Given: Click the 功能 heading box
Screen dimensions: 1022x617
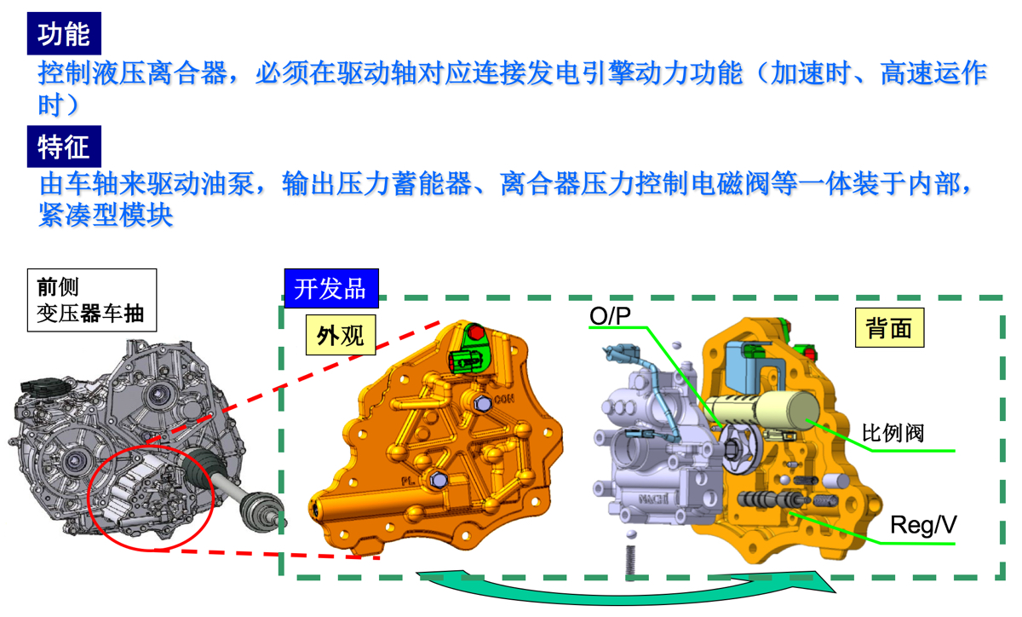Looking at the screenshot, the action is click(x=64, y=33).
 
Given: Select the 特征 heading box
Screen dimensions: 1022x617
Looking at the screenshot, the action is click(x=64, y=146).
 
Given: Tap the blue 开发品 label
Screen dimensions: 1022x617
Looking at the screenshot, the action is click(x=331, y=288).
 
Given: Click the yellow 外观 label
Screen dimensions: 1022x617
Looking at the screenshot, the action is click(x=341, y=335).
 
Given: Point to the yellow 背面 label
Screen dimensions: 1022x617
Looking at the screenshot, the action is click(x=889, y=327).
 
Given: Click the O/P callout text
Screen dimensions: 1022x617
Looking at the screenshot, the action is click(x=610, y=315).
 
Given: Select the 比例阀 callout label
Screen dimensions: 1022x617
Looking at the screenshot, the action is click(x=893, y=432).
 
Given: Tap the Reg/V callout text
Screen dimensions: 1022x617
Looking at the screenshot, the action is click(x=923, y=524).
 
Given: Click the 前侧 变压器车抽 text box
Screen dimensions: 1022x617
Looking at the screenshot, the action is click(x=92, y=300).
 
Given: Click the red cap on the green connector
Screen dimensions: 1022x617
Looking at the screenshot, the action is click(x=476, y=332).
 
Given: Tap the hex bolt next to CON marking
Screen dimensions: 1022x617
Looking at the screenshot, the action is click(x=483, y=403).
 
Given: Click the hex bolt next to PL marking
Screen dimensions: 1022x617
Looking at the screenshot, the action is click(x=439, y=480).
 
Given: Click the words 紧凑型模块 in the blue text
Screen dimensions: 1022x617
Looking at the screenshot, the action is click(x=106, y=215).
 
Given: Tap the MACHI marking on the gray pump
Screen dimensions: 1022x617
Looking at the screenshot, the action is click(x=654, y=499).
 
